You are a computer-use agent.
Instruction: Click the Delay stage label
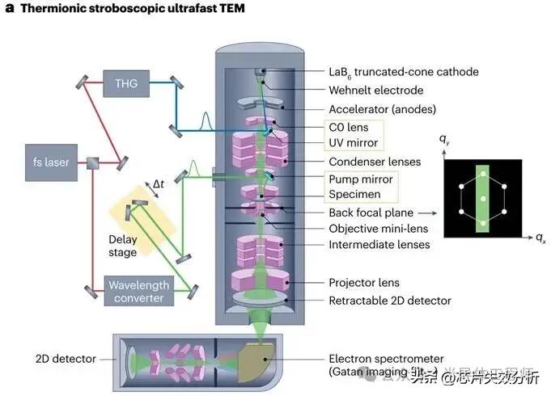pyautogui.click(x=124, y=245)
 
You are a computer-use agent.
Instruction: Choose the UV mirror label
pyautogui.click(x=354, y=144)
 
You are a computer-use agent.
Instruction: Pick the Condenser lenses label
pyautogui.click(x=375, y=162)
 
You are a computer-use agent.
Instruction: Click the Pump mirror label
pyautogui.click(x=361, y=179)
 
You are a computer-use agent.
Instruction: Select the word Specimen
pyautogui.click(x=355, y=195)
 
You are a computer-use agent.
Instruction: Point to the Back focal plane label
pyautogui.click(x=371, y=213)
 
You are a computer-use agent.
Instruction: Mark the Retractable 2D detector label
pyautogui.click(x=389, y=301)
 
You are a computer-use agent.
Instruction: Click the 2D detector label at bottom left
pyautogui.click(x=66, y=358)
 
